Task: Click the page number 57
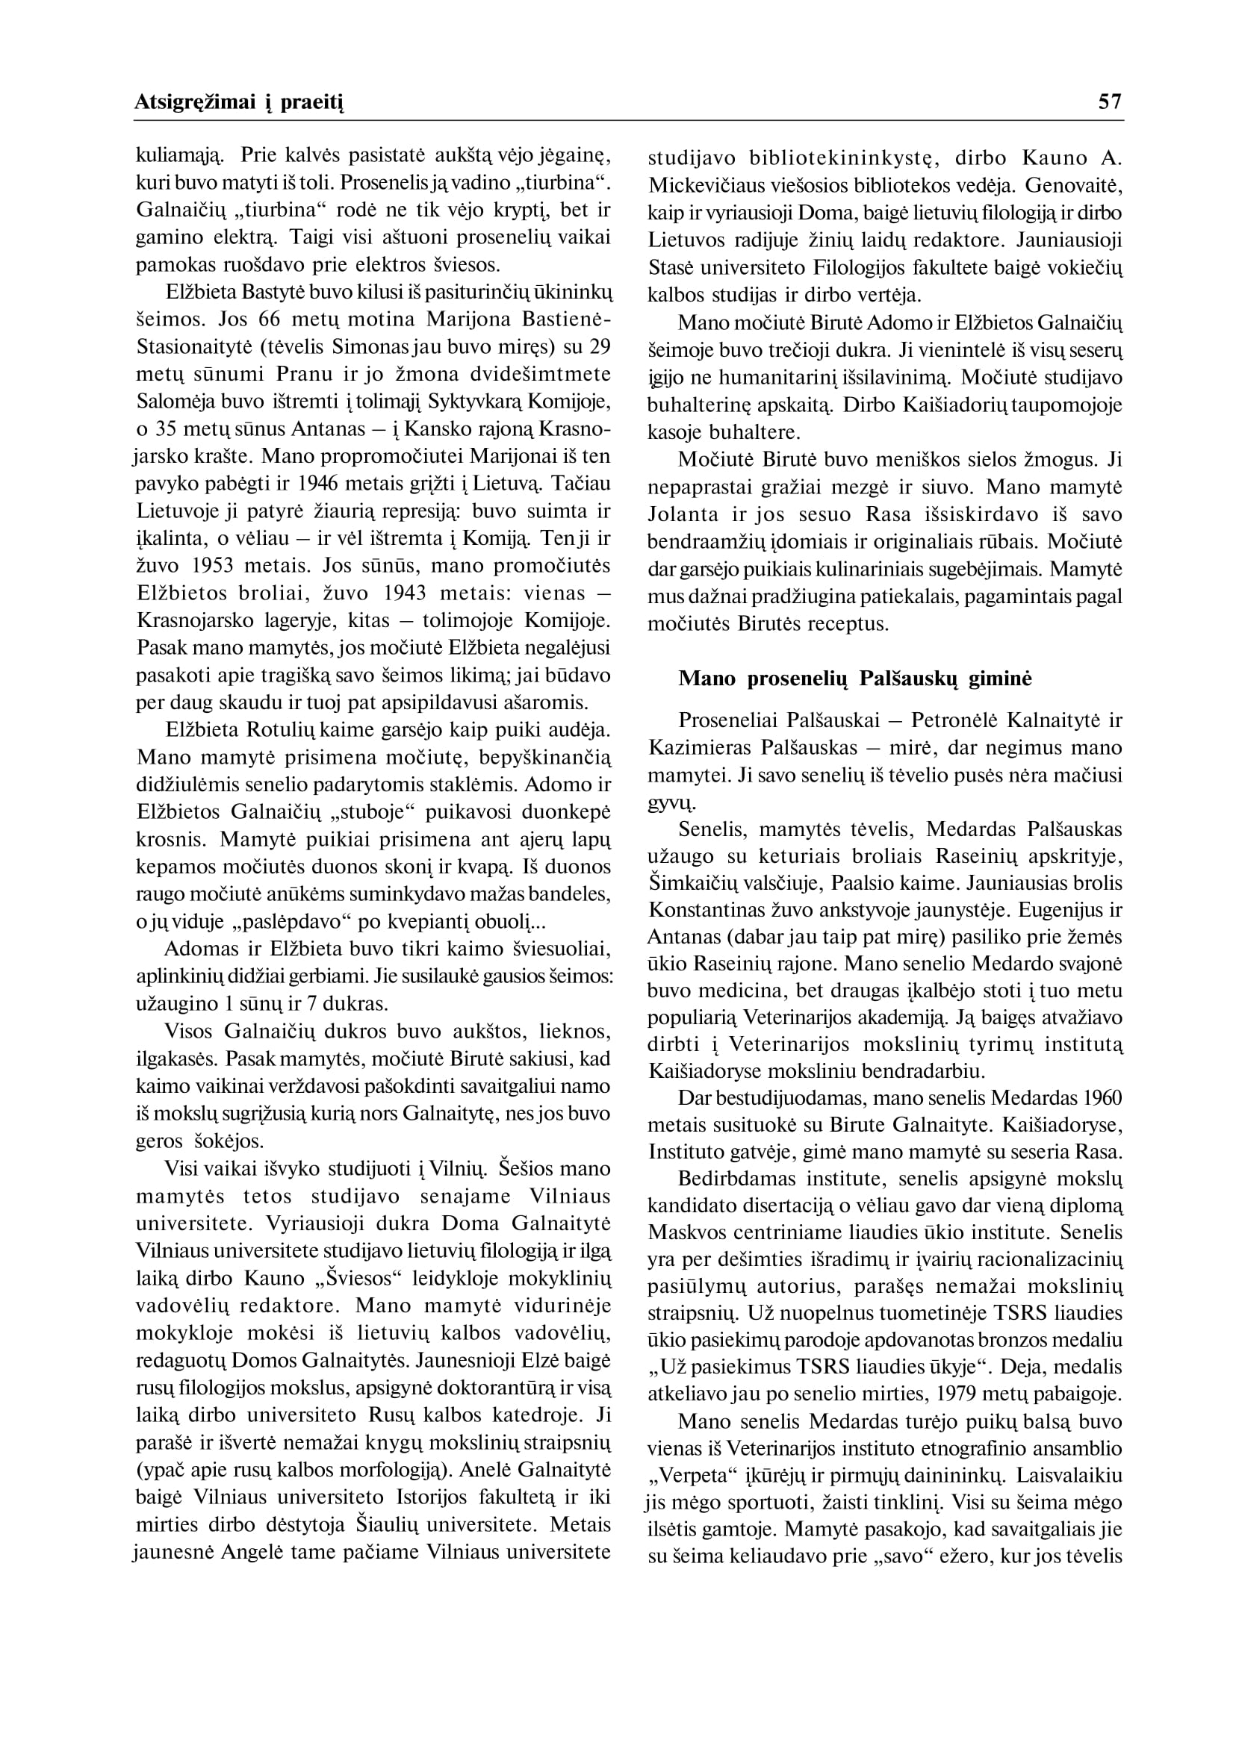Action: (1111, 102)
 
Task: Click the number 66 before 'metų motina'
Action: (270, 320)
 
